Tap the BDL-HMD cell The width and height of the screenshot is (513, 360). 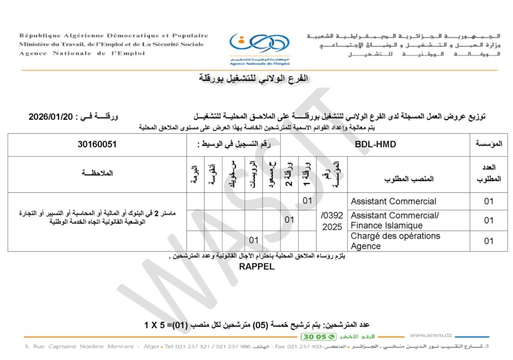[x=375, y=144]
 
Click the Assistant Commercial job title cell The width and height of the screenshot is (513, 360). [x=393, y=201]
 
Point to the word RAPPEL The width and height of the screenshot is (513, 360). [x=256, y=267]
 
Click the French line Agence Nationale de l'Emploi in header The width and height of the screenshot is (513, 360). [x=82, y=54]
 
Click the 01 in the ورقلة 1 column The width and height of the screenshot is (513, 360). [x=308, y=201]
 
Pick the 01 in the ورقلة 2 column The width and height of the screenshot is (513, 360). [x=289, y=220]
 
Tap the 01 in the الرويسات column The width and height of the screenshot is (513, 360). [x=254, y=241]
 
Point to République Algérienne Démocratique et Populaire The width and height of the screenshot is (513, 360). [x=114, y=36]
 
